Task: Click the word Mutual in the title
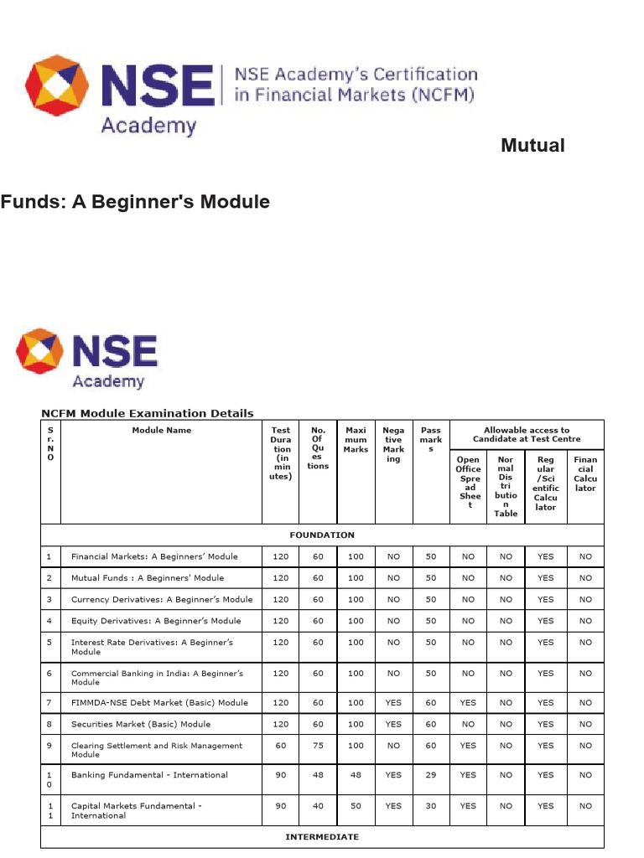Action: (x=532, y=146)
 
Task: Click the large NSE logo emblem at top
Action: (x=57, y=85)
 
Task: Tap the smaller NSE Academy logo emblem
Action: (x=39, y=352)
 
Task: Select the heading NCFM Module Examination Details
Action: (x=148, y=413)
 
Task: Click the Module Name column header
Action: (x=161, y=431)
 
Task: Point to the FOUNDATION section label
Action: (x=321, y=535)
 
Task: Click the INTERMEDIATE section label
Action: (x=321, y=836)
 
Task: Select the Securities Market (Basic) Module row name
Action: (x=140, y=724)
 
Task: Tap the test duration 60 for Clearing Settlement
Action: (x=280, y=745)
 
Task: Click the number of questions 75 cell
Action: (x=318, y=745)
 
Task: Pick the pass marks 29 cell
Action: (x=431, y=775)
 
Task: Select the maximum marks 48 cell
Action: (x=356, y=775)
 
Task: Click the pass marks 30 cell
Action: (x=431, y=806)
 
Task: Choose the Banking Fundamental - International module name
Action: (x=149, y=775)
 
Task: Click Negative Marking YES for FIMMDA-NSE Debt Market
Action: (x=393, y=703)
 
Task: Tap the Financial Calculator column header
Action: (x=585, y=473)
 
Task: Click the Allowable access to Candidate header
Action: (x=526, y=435)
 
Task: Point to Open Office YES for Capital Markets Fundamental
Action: (x=468, y=806)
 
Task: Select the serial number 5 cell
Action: (x=49, y=643)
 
